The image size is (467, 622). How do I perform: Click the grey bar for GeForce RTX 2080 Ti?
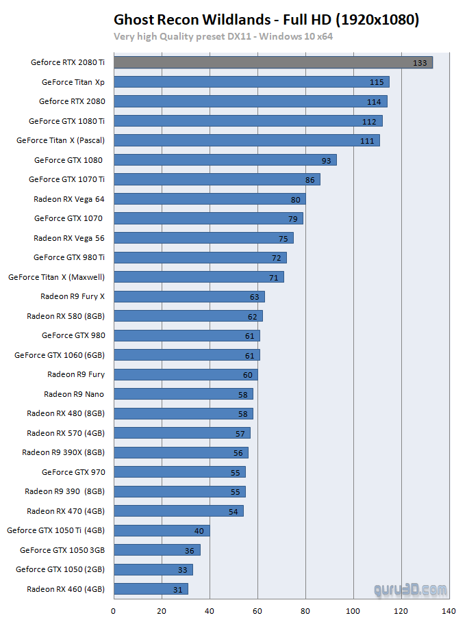[273, 62]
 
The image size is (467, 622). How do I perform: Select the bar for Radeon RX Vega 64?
[209, 199]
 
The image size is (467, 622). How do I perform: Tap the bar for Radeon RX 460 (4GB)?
[150, 588]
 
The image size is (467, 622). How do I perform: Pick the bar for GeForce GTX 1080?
[225, 160]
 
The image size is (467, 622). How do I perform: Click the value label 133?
[420, 63]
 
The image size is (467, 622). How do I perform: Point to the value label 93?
[326, 161]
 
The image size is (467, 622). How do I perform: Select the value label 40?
[199, 531]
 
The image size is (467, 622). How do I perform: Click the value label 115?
[377, 82]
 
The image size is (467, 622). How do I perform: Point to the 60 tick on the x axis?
[257, 610]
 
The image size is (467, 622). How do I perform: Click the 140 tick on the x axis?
[449, 610]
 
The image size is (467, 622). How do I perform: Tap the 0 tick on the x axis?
[113, 610]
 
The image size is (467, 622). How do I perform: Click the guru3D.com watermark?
[410, 589]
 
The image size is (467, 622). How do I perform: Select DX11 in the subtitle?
[231, 36]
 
